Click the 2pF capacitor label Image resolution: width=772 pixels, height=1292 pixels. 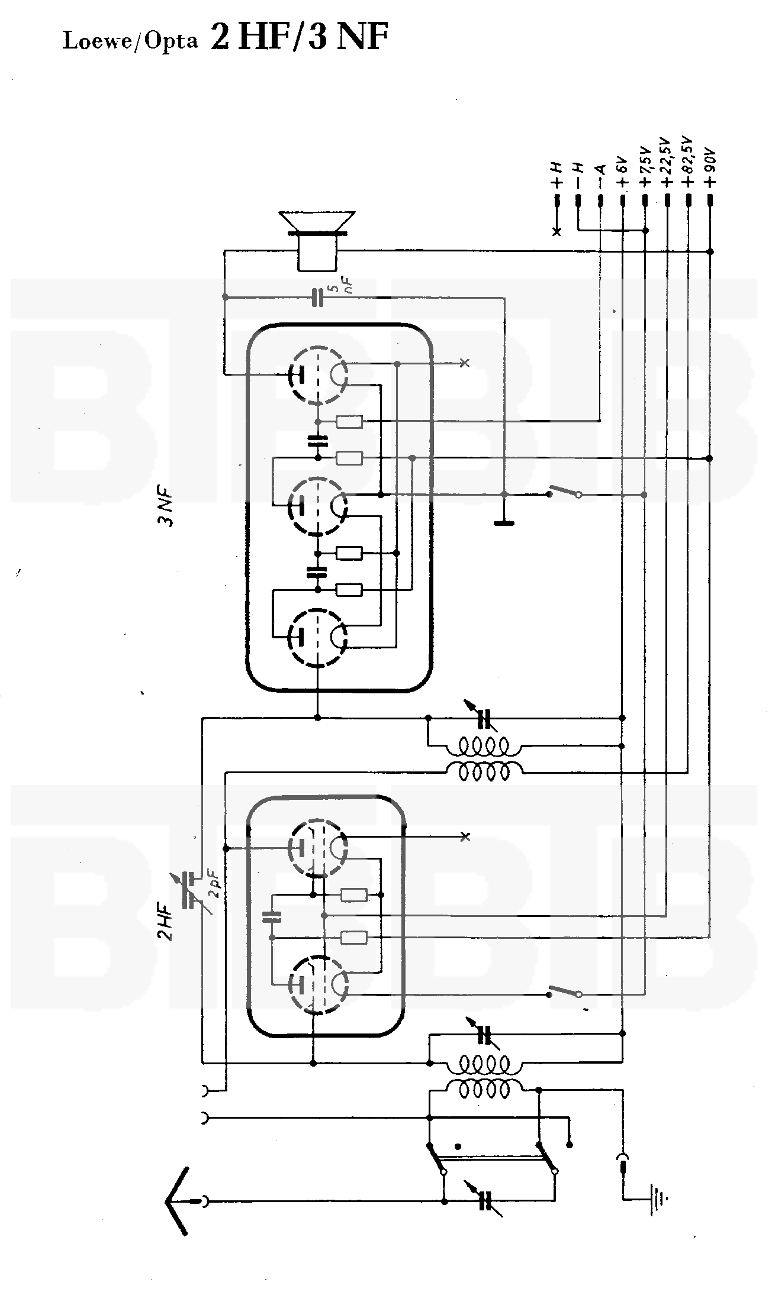(x=215, y=886)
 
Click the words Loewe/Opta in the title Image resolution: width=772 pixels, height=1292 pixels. (x=130, y=42)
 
